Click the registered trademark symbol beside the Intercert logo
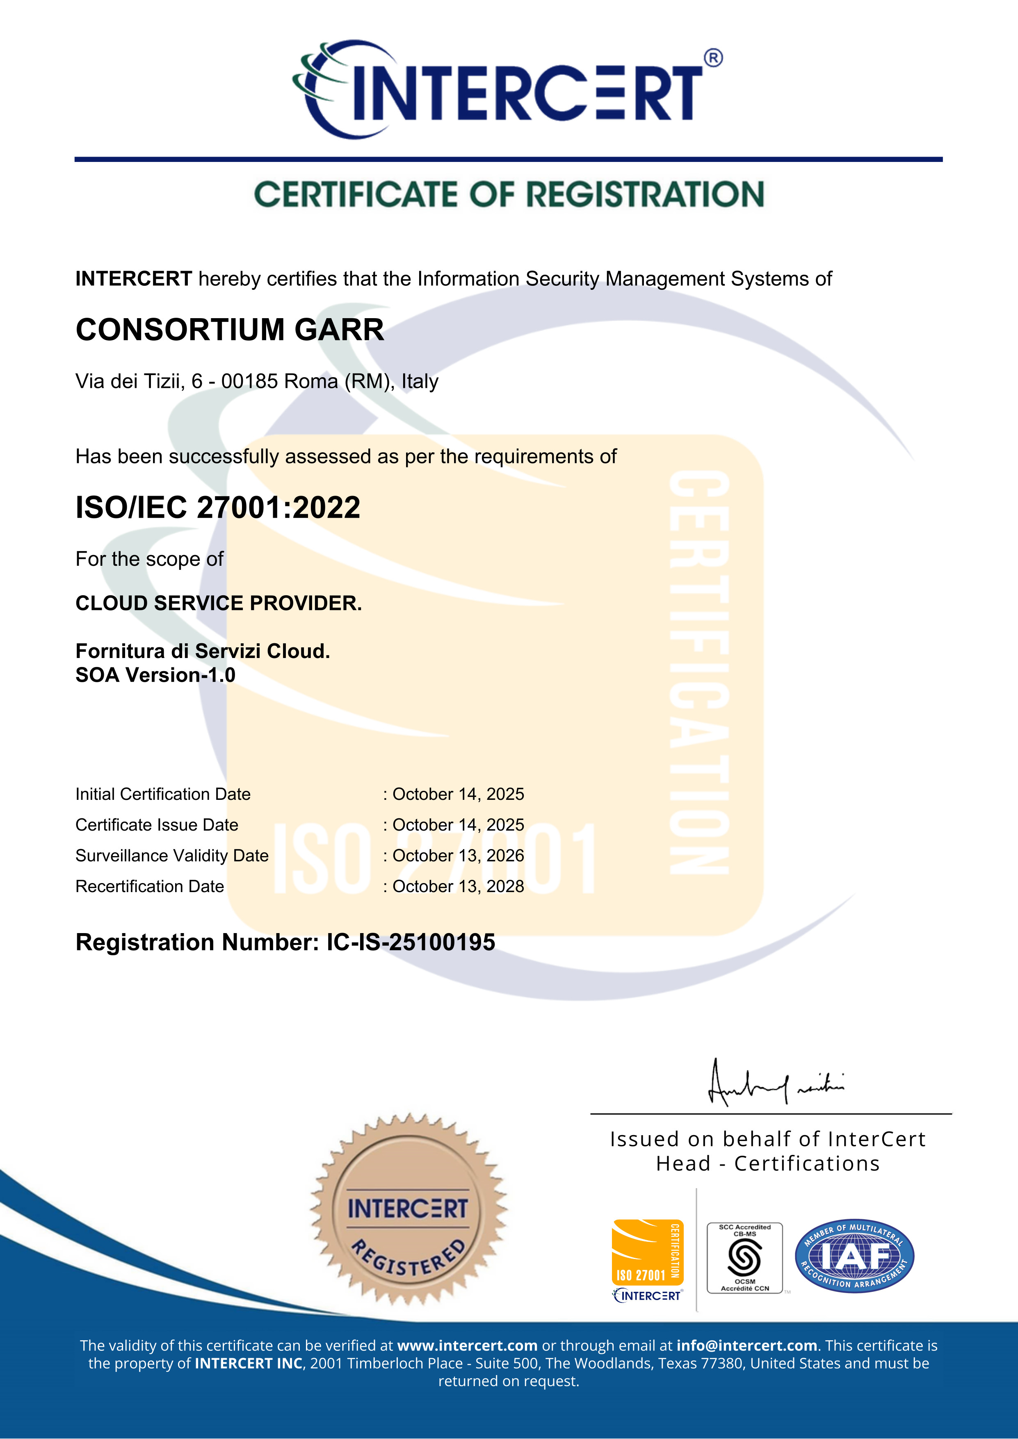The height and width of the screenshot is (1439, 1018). tap(713, 58)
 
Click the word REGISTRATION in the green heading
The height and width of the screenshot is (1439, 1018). tap(645, 194)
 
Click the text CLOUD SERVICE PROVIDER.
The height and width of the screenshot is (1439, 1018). tap(218, 603)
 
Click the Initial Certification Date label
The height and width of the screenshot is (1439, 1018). tap(162, 794)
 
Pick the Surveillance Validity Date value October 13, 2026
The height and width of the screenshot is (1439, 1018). tap(458, 856)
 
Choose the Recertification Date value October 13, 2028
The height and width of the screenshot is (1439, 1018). tap(458, 886)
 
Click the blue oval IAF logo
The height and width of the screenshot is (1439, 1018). tap(854, 1256)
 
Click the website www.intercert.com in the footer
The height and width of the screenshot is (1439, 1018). tap(467, 1345)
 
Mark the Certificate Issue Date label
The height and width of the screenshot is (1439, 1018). tap(157, 825)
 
